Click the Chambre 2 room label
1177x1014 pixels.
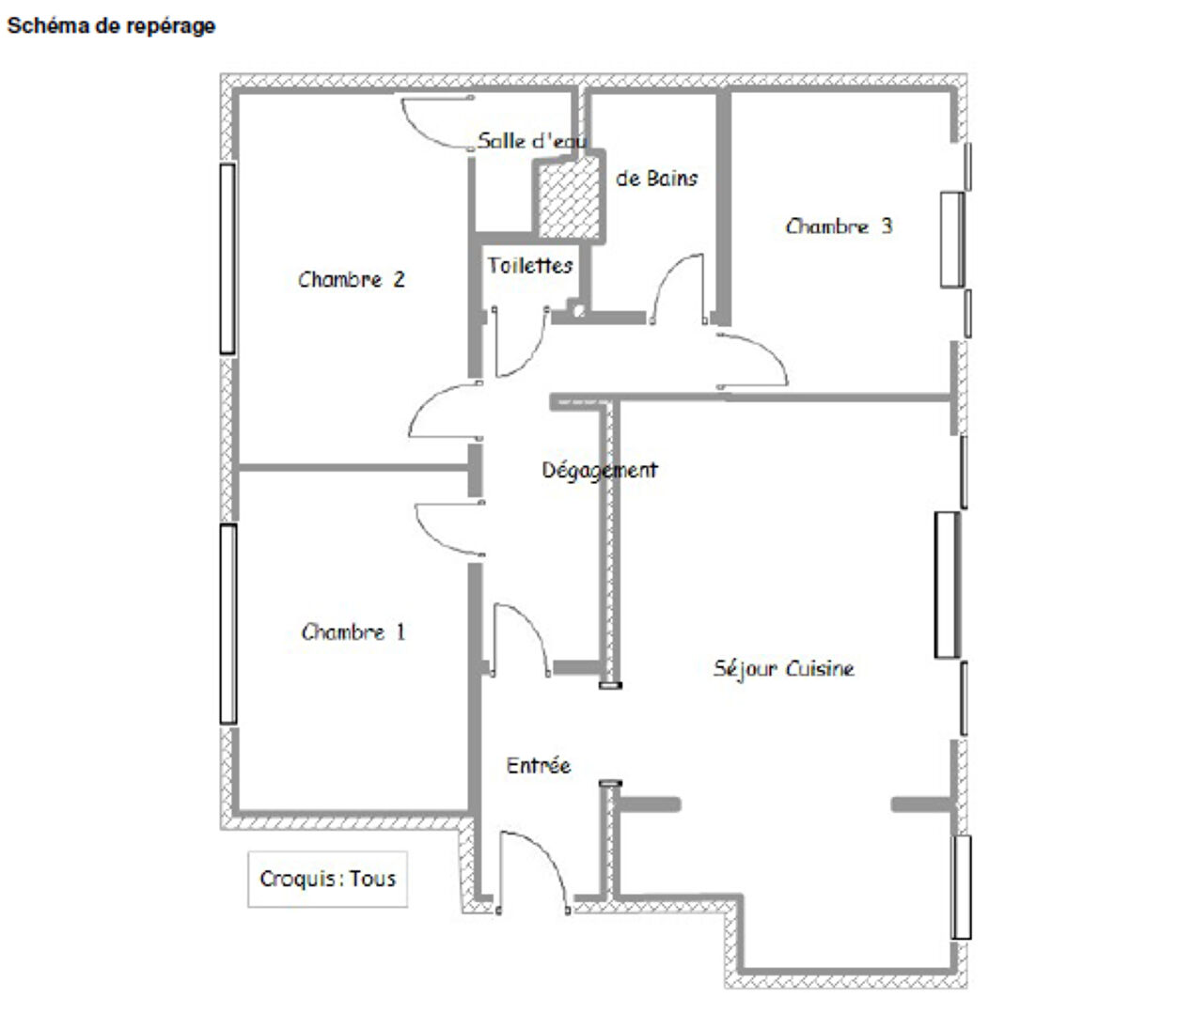[x=352, y=279]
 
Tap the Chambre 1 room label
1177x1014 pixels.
[x=353, y=632]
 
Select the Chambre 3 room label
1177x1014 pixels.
[x=839, y=226]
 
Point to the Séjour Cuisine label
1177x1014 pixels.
[x=783, y=668]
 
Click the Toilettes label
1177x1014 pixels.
[x=529, y=265]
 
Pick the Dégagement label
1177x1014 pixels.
[x=600, y=471]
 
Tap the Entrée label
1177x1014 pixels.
[x=538, y=766]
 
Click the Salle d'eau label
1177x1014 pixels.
[x=532, y=141]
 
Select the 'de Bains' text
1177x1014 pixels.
[x=656, y=179]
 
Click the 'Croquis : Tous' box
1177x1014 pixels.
[x=327, y=879]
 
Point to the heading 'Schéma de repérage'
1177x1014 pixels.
[x=111, y=26]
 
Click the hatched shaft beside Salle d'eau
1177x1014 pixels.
[x=569, y=197]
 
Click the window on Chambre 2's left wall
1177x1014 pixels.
[x=228, y=259]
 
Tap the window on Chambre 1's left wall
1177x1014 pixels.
[x=228, y=624]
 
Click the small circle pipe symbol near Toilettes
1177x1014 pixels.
[x=578, y=311]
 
